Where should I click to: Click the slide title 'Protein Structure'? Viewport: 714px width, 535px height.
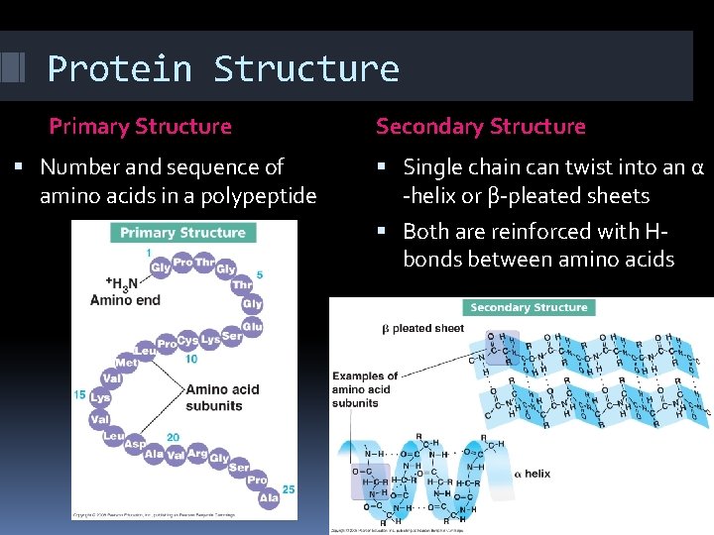click(x=223, y=69)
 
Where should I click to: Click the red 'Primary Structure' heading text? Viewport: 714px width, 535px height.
click(x=140, y=127)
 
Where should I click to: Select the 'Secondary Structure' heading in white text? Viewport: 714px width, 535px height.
click(x=480, y=127)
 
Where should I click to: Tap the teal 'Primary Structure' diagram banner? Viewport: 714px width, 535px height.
click(x=183, y=233)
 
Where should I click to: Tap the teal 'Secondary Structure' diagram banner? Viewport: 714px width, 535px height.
click(x=529, y=308)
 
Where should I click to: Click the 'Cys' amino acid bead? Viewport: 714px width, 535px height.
click(x=187, y=341)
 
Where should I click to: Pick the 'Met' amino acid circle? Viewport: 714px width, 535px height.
click(x=126, y=363)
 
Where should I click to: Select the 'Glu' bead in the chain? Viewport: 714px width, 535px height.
click(x=252, y=326)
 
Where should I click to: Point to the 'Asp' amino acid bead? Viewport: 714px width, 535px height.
click(x=134, y=445)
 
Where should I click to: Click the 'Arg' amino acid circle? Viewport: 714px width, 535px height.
click(x=197, y=454)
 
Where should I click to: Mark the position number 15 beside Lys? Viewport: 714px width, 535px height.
click(x=79, y=395)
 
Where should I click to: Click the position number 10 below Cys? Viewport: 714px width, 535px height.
click(x=190, y=360)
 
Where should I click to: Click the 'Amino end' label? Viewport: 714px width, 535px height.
click(x=124, y=300)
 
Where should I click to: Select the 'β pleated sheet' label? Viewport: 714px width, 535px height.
click(x=423, y=328)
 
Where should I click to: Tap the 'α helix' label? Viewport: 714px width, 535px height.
click(x=533, y=474)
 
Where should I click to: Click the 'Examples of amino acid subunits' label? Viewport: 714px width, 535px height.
click(x=364, y=389)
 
